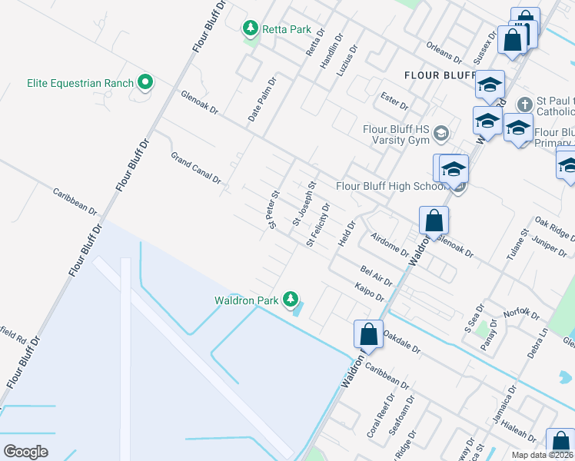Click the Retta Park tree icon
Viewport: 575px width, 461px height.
pos(250,29)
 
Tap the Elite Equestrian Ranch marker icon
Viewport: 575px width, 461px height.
pos(145,82)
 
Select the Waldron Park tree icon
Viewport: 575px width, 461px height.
pos(290,299)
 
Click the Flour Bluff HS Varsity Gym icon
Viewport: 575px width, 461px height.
pos(441,134)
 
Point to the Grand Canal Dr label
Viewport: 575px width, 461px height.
pos(196,168)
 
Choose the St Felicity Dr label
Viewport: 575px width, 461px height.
pos(318,225)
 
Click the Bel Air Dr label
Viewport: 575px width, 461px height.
pos(376,275)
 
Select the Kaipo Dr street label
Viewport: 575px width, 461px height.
pos(369,292)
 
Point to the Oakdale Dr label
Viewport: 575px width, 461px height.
pos(402,342)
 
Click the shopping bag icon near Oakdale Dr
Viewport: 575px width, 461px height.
pos(368,334)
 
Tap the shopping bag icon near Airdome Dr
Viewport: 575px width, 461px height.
pos(434,221)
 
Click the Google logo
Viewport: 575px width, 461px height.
pos(25,451)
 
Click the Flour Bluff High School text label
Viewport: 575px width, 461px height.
pos(390,186)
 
